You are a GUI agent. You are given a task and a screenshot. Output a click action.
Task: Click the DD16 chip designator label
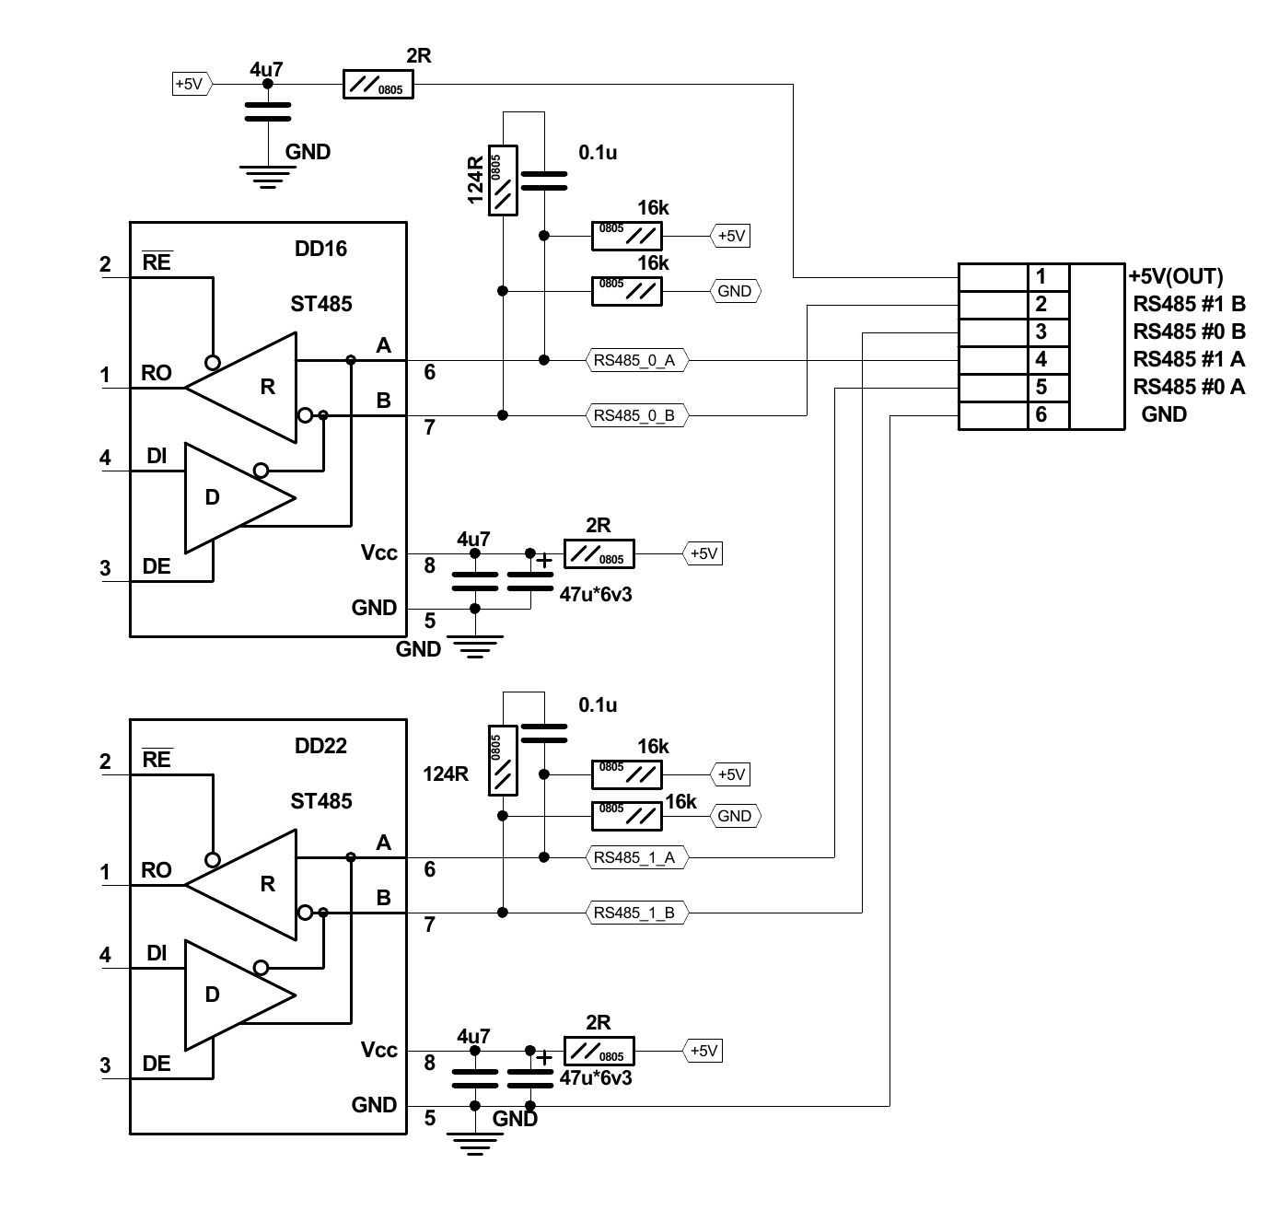point(320,249)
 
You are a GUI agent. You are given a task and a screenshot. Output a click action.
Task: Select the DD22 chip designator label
point(320,746)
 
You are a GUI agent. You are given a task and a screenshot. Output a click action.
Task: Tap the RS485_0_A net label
point(634,360)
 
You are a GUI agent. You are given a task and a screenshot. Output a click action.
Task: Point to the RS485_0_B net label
point(634,415)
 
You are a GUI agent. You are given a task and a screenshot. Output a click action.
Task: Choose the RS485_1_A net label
point(634,857)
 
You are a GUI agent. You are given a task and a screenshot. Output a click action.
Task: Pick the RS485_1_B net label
point(634,913)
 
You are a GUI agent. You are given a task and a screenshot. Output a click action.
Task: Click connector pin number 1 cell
point(1048,276)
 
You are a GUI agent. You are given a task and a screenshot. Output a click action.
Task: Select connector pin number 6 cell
point(1048,414)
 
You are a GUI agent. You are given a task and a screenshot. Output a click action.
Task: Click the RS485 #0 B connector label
point(1189,332)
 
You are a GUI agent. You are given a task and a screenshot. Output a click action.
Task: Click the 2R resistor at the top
point(378,85)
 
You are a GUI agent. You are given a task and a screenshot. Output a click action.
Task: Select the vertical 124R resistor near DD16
point(503,180)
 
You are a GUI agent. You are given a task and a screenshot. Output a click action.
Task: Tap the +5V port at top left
point(192,84)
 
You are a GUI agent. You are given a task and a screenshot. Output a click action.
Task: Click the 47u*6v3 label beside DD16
point(596,595)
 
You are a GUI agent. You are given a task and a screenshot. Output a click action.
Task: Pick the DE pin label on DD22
point(157,1064)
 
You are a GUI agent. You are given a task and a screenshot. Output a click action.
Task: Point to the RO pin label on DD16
point(157,373)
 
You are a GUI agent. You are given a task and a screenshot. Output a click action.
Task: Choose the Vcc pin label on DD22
point(378,1050)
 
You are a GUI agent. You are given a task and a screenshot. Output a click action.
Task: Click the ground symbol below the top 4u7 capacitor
point(267,176)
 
